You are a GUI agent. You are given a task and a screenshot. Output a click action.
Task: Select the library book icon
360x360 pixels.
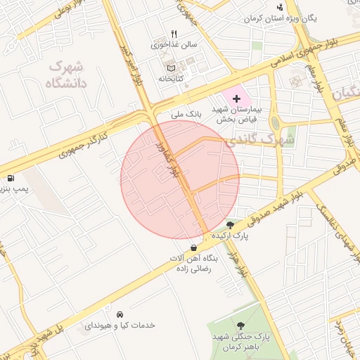pos(170,67)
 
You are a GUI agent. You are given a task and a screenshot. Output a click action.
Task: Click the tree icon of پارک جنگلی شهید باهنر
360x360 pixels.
pos(242,325)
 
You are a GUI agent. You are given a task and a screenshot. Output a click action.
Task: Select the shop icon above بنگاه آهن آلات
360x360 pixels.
pos(193,247)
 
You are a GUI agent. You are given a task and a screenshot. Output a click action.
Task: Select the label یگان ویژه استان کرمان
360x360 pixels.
pos(278,18)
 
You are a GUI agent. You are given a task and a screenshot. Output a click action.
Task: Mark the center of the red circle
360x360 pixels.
pos(180,179)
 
